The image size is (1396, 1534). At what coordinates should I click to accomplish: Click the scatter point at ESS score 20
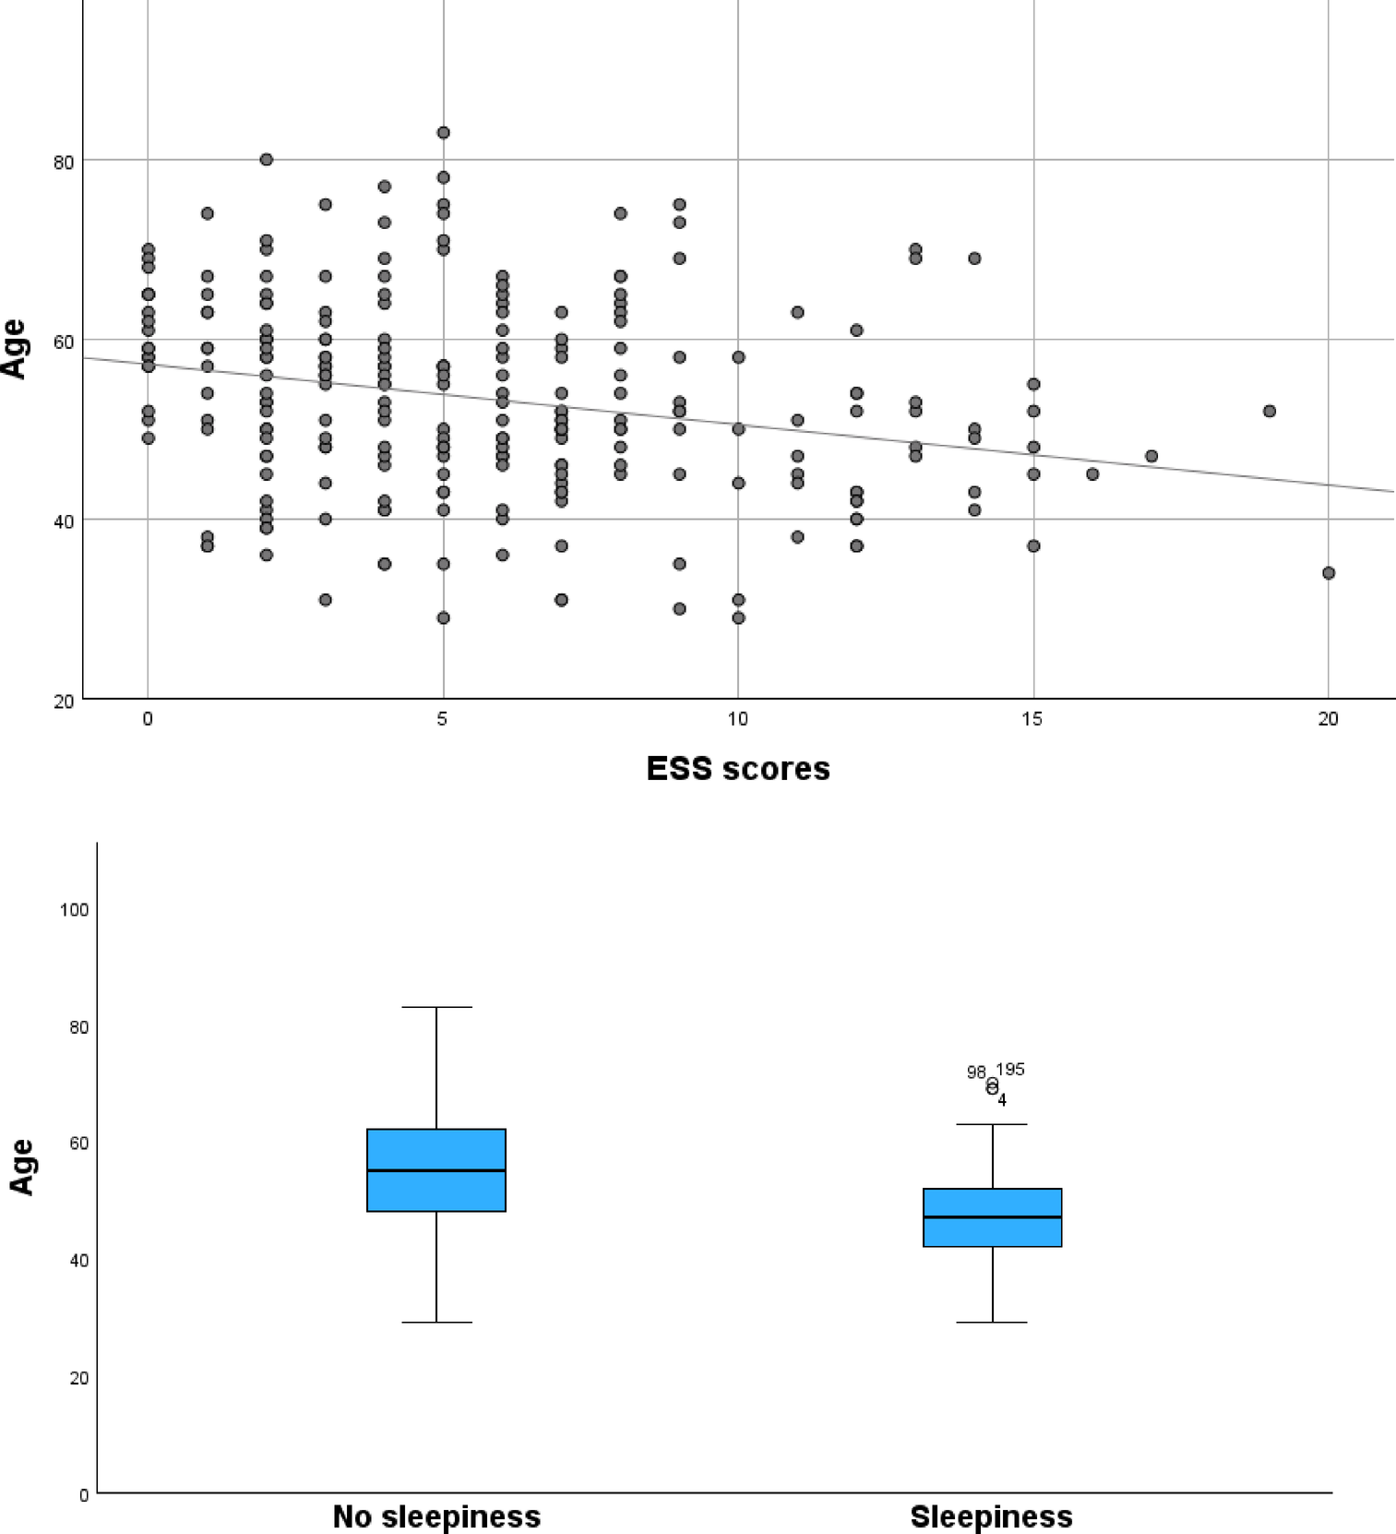pyautogui.click(x=1328, y=573)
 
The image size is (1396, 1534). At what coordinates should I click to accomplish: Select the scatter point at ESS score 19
pyautogui.click(x=1269, y=411)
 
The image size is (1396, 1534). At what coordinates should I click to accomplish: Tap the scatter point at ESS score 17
pyautogui.click(x=1151, y=456)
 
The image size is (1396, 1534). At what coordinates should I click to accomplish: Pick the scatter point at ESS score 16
pyautogui.click(x=1092, y=474)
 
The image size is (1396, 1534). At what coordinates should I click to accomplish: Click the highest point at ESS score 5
pyautogui.click(x=443, y=133)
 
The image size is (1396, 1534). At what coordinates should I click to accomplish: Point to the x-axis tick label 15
pyautogui.click(x=1032, y=719)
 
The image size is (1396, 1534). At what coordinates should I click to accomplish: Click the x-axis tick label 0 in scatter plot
pyautogui.click(x=148, y=719)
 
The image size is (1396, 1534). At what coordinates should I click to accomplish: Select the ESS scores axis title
pyautogui.click(x=737, y=769)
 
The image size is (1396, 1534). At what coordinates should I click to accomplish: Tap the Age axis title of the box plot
pyautogui.click(x=22, y=1167)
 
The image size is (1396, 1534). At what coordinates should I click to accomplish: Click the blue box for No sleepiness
pyautogui.click(x=436, y=1169)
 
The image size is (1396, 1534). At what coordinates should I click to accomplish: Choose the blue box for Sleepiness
pyautogui.click(x=992, y=1217)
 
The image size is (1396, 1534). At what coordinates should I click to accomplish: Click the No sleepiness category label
pyautogui.click(x=436, y=1516)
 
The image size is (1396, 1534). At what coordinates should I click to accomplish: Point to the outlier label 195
pyautogui.click(x=1010, y=1070)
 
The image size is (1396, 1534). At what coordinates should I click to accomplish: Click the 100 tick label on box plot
pyautogui.click(x=74, y=910)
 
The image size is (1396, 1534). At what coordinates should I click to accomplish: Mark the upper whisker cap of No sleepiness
pyautogui.click(x=436, y=1007)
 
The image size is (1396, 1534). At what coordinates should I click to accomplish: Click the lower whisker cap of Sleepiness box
pyautogui.click(x=992, y=1323)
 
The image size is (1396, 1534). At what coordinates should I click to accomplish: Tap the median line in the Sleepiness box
pyautogui.click(x=992, y=1217)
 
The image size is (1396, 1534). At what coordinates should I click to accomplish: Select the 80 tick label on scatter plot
pyautogui.click(x=64, y=163)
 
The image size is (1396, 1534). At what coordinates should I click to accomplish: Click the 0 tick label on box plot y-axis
pyautogui.click(x=84, y=1495)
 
